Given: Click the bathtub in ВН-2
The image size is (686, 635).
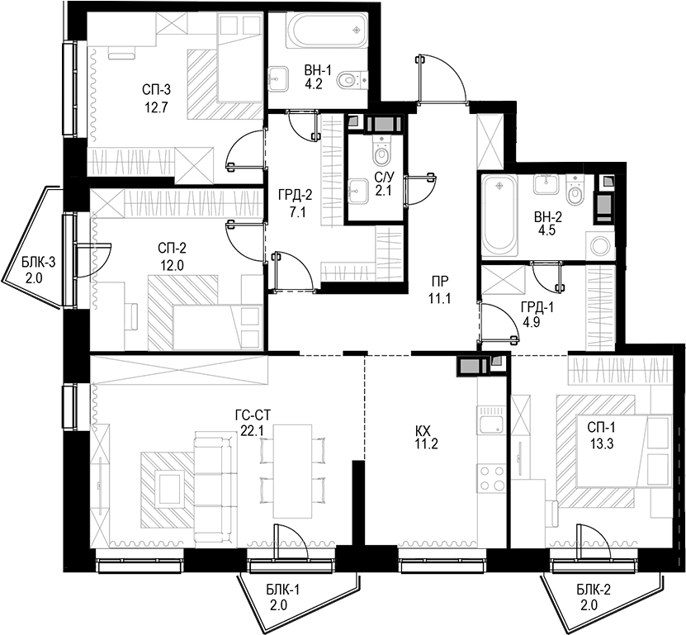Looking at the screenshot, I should pos(498,215).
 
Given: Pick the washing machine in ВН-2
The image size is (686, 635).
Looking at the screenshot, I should pos(600,244).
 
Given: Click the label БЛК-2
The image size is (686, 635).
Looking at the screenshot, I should pos(594,588).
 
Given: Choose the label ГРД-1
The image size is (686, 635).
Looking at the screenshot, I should pos(537,306).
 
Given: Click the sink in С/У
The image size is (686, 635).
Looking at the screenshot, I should pos(359,192).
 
